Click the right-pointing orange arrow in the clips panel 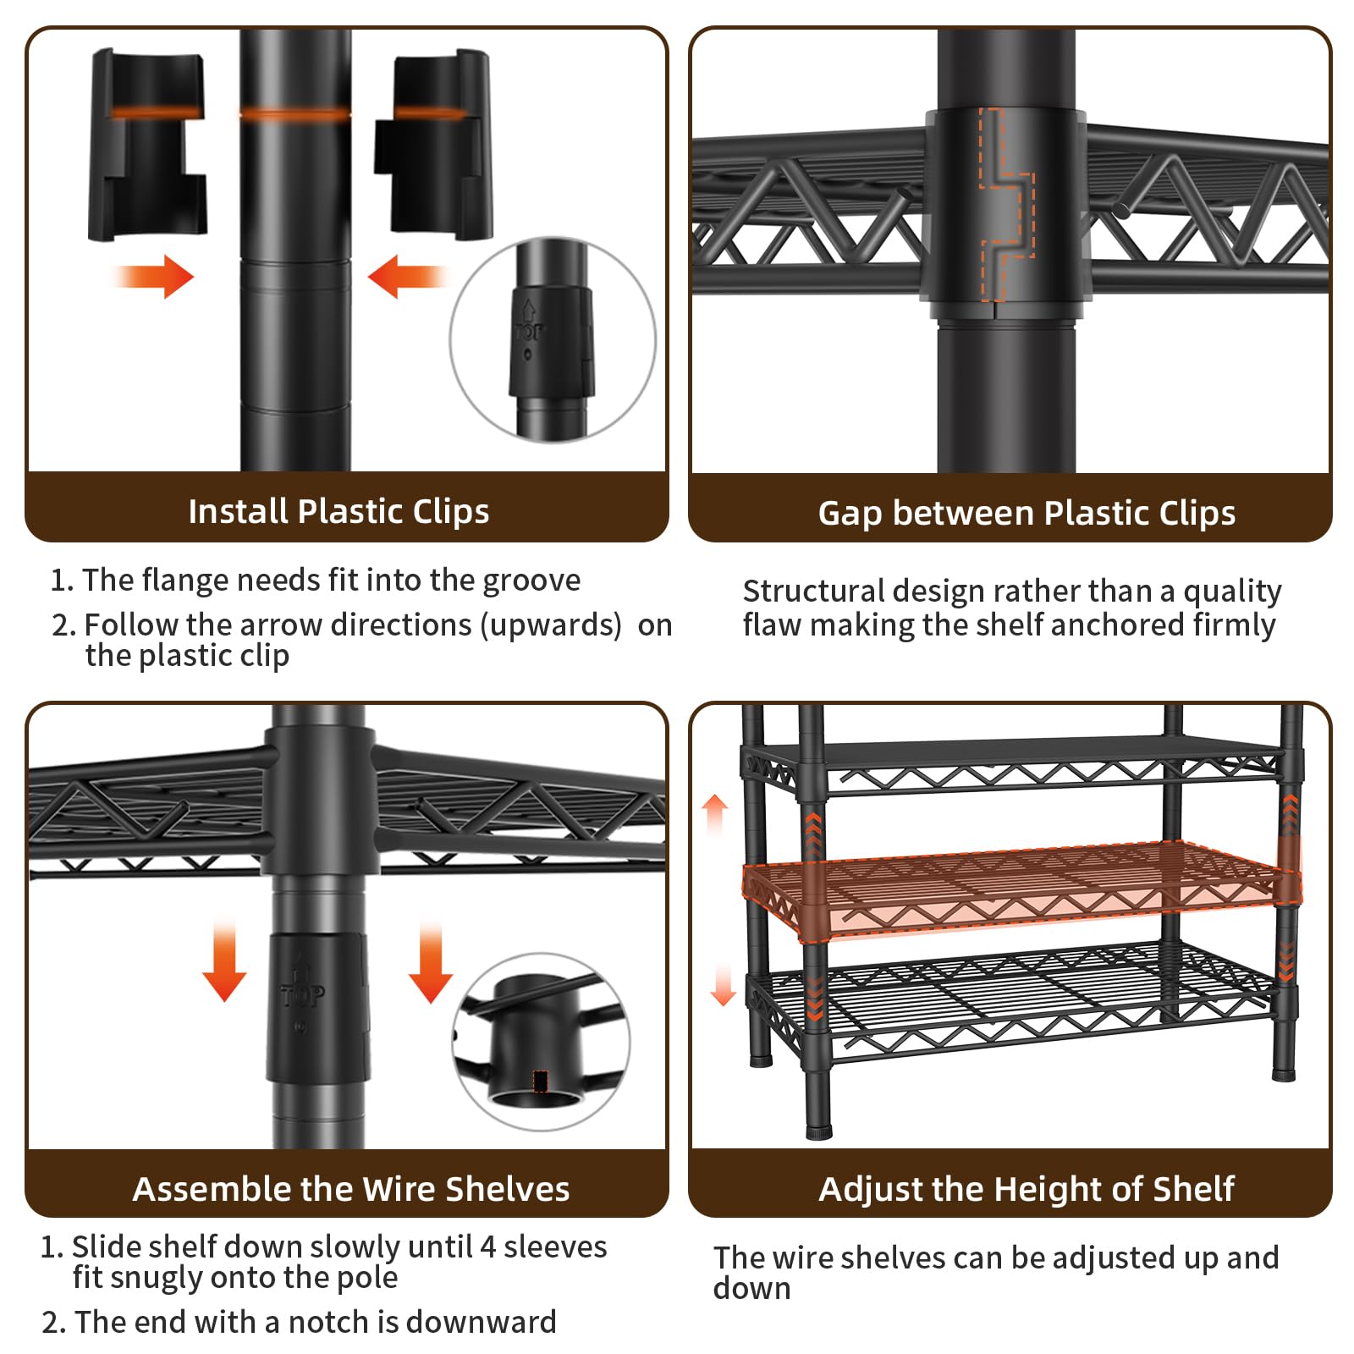coord(154,276)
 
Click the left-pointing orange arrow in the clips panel coord(408,276)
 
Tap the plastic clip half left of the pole coord(147,144)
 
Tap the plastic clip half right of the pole coord(432,144)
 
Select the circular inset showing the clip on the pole coord(553,339)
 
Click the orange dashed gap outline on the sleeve coord(1007,205)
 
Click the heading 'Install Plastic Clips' coord(338,511)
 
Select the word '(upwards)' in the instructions coord(551,625)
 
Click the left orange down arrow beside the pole coord(224,962)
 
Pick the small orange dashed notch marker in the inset coord(541,1081)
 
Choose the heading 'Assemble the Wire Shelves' coord(351,1189)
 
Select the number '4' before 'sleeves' coord(487,1247)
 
